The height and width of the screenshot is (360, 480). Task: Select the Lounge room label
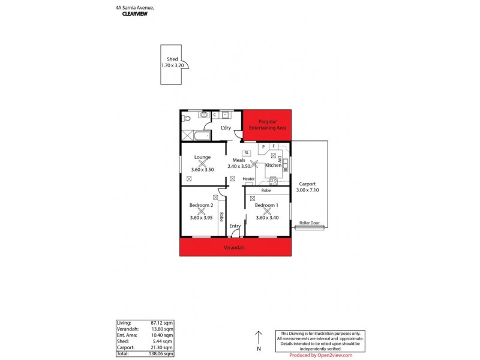pos(202,157)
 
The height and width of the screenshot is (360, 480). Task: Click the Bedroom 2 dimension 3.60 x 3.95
pos(202,217)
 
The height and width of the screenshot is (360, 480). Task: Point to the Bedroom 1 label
pos(267,205)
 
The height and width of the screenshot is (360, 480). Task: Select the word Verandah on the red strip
pos(235,247)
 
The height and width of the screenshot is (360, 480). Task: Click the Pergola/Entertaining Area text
pos(266,125)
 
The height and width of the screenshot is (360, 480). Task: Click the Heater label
pos(248,179)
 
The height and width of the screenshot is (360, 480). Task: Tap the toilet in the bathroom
pos(186,119)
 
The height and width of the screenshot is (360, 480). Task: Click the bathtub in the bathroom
pos(196,136)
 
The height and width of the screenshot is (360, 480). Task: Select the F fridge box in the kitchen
pos(274,146)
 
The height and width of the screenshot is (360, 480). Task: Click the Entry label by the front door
pos(235,226)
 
